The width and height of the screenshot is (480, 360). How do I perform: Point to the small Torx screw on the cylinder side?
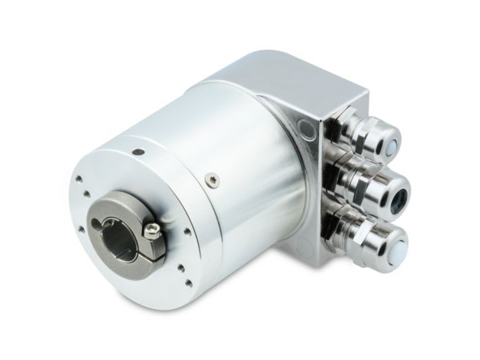click(212, 177)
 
